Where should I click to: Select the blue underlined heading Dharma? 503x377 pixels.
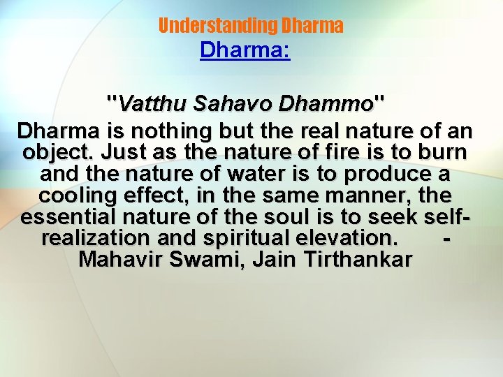click(x=245, y=51)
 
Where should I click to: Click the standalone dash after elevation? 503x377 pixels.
click(x=447, y=239)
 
